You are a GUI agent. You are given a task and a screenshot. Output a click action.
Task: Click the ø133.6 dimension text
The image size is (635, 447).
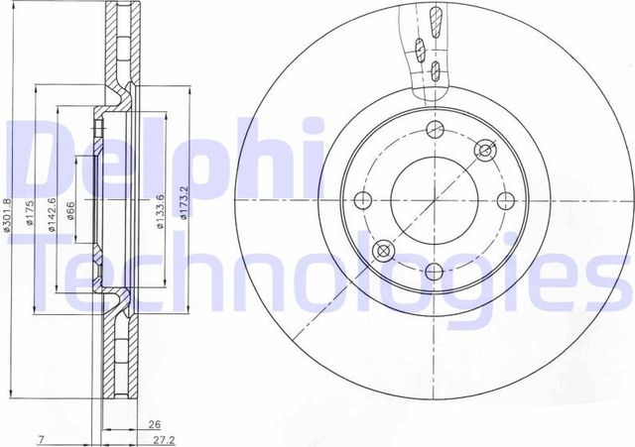point(160,209)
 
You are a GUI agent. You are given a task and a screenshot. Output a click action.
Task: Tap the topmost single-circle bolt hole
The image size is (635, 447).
point(433,130)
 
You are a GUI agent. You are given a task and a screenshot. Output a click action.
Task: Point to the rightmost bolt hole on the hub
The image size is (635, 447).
point(503,201)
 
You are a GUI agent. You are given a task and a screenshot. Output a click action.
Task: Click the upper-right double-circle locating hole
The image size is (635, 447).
point(484,151)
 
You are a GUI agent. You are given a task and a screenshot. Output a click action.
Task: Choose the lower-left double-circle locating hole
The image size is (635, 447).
point(382,251)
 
